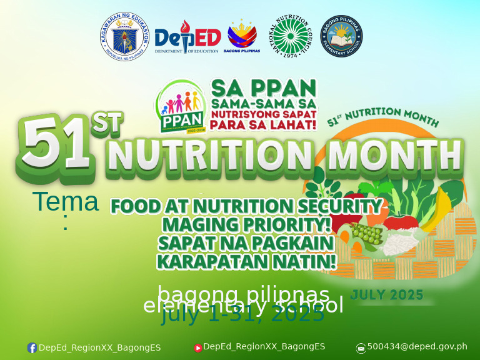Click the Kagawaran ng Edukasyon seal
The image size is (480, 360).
click(x=125, y=36)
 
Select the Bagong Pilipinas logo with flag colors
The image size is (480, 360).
click(x=242, y=36)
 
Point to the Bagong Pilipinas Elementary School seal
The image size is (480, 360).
click(x=341, y=36)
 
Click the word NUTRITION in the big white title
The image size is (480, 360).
click(x=210, y=157)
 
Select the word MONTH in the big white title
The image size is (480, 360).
click(x=394, y=157)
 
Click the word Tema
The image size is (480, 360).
click(x=65, y=202)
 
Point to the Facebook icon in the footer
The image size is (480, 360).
click(x=32, y=348)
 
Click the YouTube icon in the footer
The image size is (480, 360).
click(x=197, y=348)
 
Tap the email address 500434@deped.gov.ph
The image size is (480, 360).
click(x=417, y=347)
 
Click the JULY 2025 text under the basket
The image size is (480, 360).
click(x=387, y=294)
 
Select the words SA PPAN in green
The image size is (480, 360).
click(x=263, y=87)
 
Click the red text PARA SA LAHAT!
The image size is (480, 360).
click(x=263, y=124)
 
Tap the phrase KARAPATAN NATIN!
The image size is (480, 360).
click(x=246, y=261)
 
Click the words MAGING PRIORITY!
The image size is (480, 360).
click(x=246, y=224)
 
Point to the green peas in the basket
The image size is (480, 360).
click(x=367, y=234)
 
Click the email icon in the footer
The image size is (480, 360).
click(x=361, y=348)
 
